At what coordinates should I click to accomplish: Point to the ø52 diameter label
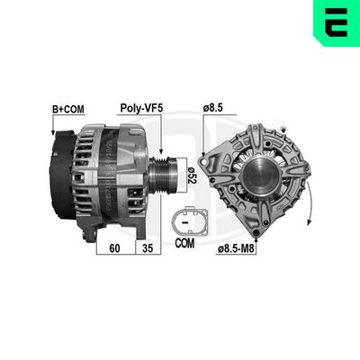click(x=191, y=174)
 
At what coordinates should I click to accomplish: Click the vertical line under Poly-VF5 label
click(x=161, y=135)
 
